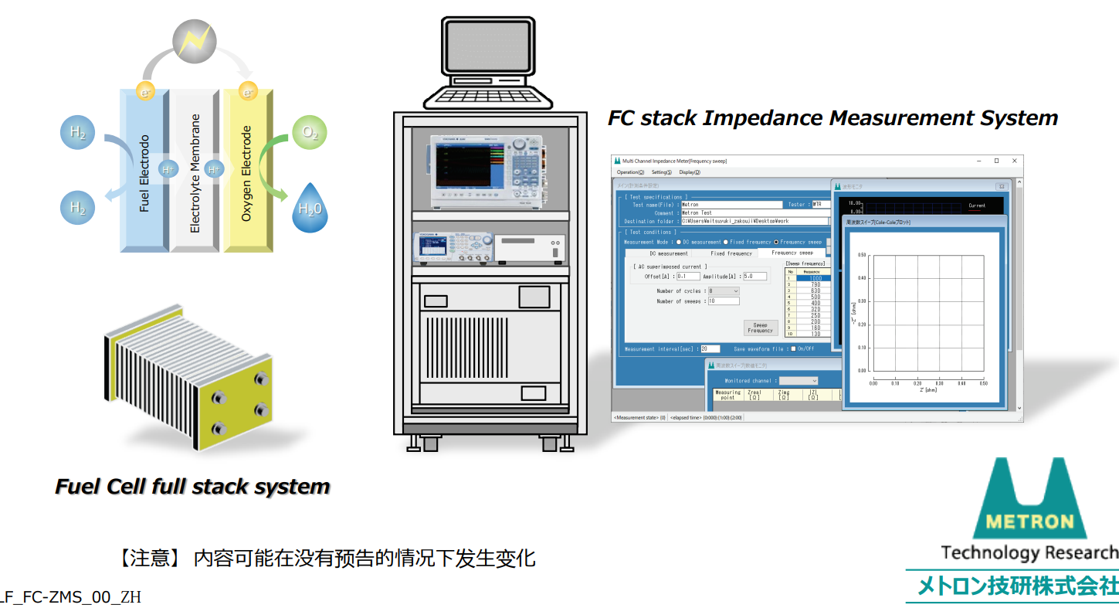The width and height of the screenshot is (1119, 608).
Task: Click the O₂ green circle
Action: pos(310,133)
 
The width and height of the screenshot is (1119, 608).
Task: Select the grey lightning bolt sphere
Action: pos(195,41)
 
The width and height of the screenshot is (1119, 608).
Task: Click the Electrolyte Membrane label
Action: pos(195,174)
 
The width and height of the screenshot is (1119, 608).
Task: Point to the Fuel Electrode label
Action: pos(144,174)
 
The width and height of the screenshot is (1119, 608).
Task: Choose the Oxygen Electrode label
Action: pos(247,174)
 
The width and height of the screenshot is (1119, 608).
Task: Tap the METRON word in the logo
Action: pos(1029,521)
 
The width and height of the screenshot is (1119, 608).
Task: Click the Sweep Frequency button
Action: pos(760,328)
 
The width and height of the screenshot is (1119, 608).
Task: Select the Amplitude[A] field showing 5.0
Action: pos(754,276)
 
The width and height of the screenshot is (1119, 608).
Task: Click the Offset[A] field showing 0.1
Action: pos(688,276)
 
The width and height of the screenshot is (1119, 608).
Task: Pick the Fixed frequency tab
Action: pos(731,253)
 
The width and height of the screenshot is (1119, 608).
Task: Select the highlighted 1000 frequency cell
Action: pos(812,278)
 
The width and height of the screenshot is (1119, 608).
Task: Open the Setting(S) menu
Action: pos(661,172)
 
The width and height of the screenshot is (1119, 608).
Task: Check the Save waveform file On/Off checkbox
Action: pos(792,349)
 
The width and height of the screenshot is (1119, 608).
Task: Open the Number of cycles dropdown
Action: pos(724,291)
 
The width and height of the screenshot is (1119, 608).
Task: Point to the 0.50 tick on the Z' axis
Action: pos(983,383)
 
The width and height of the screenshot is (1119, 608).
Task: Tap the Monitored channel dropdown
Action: pos(799,381)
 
